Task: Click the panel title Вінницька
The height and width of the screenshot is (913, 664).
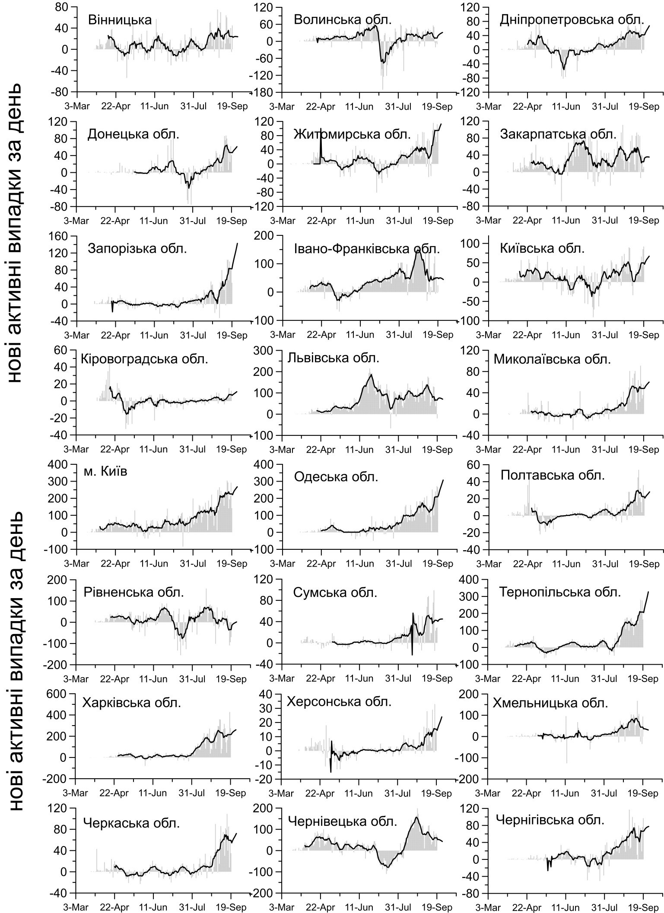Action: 120,20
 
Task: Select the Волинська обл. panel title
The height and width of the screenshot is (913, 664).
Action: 343,20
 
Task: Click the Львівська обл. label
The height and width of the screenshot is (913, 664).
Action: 334,358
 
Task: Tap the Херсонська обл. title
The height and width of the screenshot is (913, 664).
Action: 339,701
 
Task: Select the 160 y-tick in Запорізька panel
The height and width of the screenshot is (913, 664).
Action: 60,236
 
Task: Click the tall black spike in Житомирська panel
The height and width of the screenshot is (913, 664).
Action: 321,143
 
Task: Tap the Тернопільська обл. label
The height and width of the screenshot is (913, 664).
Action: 560,592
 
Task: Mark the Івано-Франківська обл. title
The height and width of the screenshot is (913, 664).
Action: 367,249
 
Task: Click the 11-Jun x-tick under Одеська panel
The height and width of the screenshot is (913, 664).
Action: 360,564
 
